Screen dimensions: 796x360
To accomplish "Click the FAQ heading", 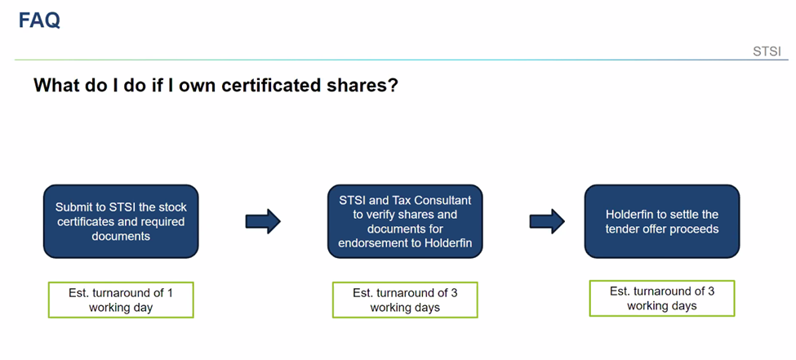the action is pos(39,20).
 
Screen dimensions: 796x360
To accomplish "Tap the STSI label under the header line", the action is pos(767,51).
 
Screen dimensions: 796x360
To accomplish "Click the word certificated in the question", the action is pos(264,85).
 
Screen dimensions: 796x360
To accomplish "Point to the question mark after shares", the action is pos(392,85).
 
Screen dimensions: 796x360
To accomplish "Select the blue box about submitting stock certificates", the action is pos(121,221).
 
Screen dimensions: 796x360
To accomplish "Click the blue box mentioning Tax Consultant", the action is pos(405,221).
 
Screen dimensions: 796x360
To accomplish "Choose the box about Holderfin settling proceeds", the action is pos(662,221).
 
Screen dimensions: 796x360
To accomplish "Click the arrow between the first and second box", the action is pos(263,221).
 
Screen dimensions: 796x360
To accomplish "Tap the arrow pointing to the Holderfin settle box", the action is pos(547,221).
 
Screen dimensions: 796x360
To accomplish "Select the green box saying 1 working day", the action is pos(121,300).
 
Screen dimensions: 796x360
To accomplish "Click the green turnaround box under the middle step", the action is pos(405,300).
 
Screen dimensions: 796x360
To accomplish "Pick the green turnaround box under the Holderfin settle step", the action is pos(662,299).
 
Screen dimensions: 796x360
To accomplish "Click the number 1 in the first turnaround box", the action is pos(170,293).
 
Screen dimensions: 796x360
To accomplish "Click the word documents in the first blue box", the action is pos(121,236).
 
